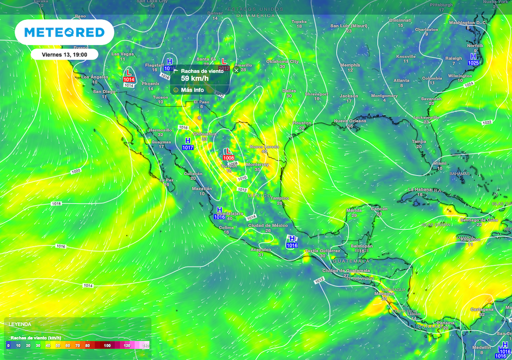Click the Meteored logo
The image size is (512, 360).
(x=64, y=33)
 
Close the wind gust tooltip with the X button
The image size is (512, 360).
(x=236, y=70)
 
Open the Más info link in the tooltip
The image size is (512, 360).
(x=192, y=90)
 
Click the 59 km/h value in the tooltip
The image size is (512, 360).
(x=192, y=78)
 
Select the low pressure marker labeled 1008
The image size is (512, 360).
(x=228, y=154)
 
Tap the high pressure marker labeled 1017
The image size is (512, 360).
(x=188, y=144)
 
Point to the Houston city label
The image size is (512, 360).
(x=301, y=123)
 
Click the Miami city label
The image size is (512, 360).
(x=440, y=163)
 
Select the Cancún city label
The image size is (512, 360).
(x=379, y=208)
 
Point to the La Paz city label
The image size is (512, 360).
(x=166, y=180)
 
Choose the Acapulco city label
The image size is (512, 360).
(x=260, y=249)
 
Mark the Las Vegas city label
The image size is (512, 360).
(x=122, y=54)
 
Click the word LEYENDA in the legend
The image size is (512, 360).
(x=19, y=324)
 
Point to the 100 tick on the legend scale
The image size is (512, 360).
(x=106, y=345)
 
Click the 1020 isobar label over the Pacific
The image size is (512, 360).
(x=75, y=171)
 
